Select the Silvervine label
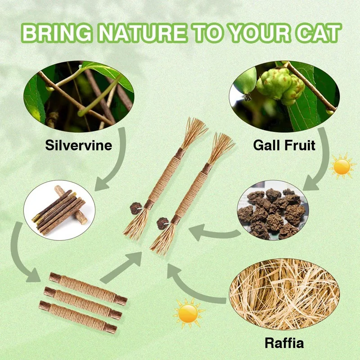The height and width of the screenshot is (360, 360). pos(79,145)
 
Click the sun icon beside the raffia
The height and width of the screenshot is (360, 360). pos(188,312)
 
